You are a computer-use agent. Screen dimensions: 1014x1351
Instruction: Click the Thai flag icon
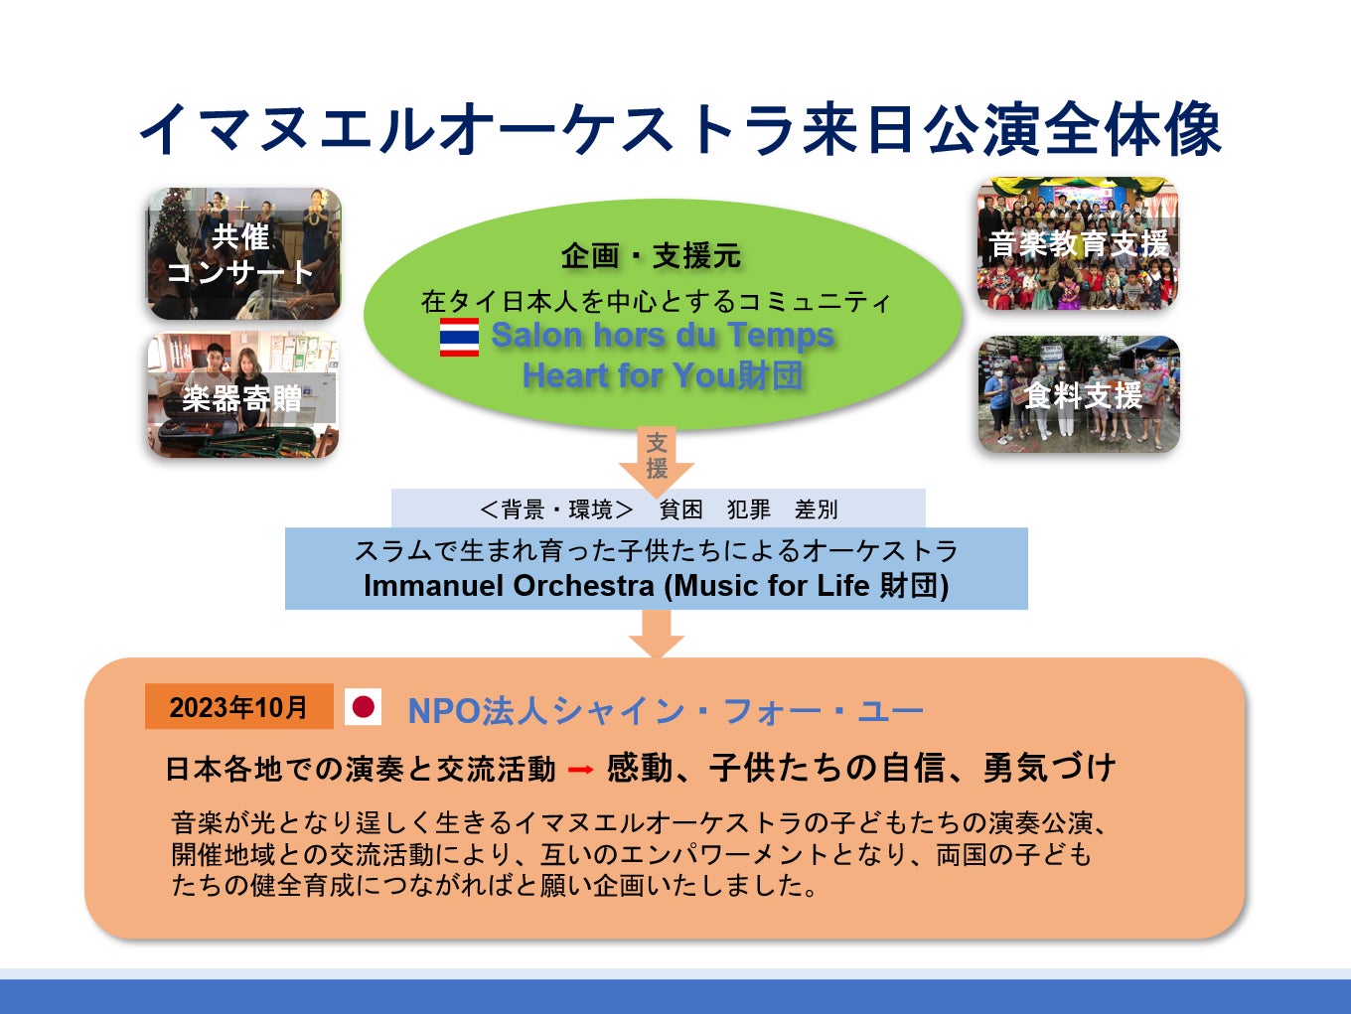point(459,338)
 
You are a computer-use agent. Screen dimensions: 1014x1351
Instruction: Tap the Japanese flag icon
point(364,707)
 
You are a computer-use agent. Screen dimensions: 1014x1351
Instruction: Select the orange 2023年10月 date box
point(238,707)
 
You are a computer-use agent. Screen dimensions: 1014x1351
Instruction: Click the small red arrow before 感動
point(581,770)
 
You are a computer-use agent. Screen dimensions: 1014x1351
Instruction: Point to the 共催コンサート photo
point(243,254)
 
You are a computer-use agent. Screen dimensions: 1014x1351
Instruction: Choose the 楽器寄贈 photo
point(243,395)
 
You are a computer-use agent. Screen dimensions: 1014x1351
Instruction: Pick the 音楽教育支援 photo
point(1078,244)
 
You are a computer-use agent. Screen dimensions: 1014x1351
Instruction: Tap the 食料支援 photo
point(1079,394)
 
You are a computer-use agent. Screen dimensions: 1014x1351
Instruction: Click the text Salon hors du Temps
point(663,336)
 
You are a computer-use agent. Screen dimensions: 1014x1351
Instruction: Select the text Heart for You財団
point(663,375)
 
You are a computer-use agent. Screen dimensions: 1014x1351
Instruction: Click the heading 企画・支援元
point(651,256)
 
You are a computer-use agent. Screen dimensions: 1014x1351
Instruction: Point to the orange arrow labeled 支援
point(657,457)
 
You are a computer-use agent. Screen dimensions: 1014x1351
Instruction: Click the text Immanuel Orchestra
point(508,586)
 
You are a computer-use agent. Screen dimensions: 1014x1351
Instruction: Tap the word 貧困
point(681,509)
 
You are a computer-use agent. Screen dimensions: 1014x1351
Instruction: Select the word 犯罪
point(749,509)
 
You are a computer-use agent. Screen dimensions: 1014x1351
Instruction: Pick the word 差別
point(817,509)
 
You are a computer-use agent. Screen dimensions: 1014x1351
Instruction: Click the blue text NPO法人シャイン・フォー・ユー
point(666,711)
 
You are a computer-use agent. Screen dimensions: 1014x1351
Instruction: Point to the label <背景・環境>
point(556,509)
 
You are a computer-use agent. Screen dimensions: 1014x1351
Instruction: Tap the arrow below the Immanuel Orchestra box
point(657,634)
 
